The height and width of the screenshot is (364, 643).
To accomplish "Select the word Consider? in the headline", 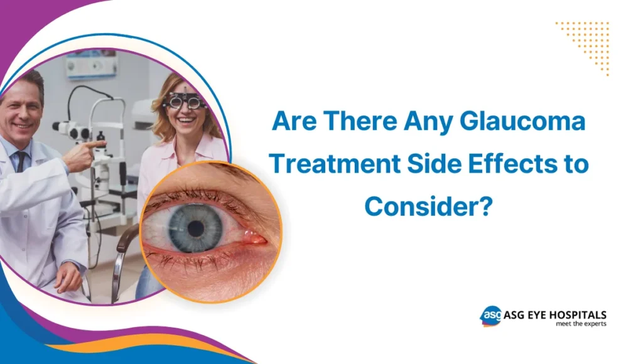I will (427, 206).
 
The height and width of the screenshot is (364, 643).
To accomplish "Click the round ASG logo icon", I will (490, 316).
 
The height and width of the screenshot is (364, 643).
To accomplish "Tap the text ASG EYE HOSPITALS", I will (554, 314).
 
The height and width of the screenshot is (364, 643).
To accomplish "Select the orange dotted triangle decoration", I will (586, 44).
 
